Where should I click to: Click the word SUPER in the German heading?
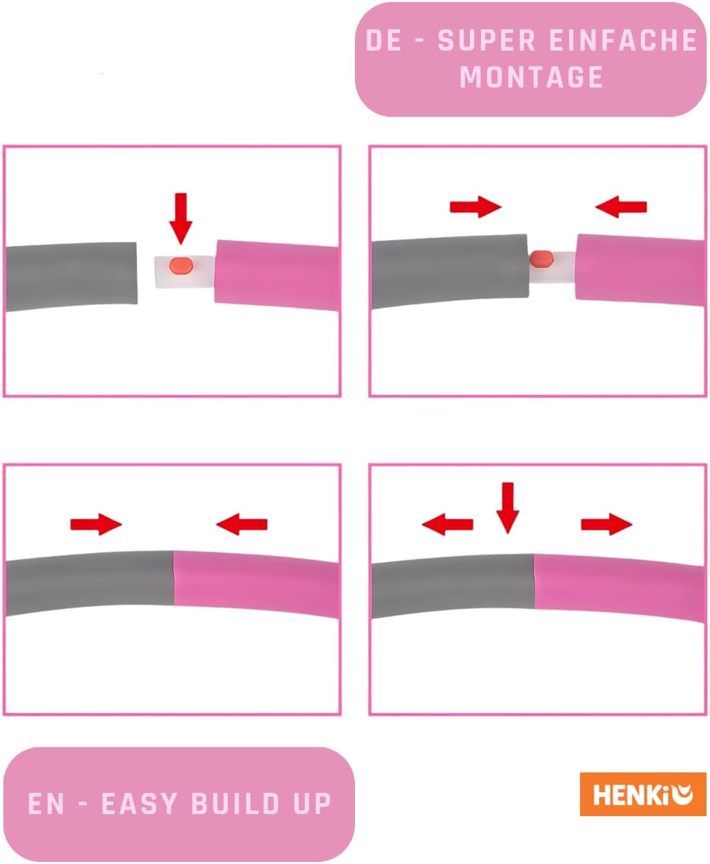click(486, 40)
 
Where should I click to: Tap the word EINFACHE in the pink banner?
click(622, 40)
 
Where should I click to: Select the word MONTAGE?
click(531, 77)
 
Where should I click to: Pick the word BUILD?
click(235, 804)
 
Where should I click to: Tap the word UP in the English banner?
click(312, 804)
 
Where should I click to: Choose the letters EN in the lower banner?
click(46, 804)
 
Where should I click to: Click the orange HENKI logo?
click(643, 794)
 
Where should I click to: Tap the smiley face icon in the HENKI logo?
click(683, 795)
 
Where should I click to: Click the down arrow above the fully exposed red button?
click(181, 219)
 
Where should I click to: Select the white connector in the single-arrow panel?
click(185, 273)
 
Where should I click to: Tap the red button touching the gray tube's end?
click(541, 259)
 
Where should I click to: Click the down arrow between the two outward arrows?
click(508, 508)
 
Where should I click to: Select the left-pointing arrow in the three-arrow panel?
click(447, 524)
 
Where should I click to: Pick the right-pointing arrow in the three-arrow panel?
click(607, 524)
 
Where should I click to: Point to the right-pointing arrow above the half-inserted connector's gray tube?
click(476, 207)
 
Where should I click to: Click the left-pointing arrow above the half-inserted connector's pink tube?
click(620, 207)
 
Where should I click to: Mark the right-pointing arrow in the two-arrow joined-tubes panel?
click(96, 524)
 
